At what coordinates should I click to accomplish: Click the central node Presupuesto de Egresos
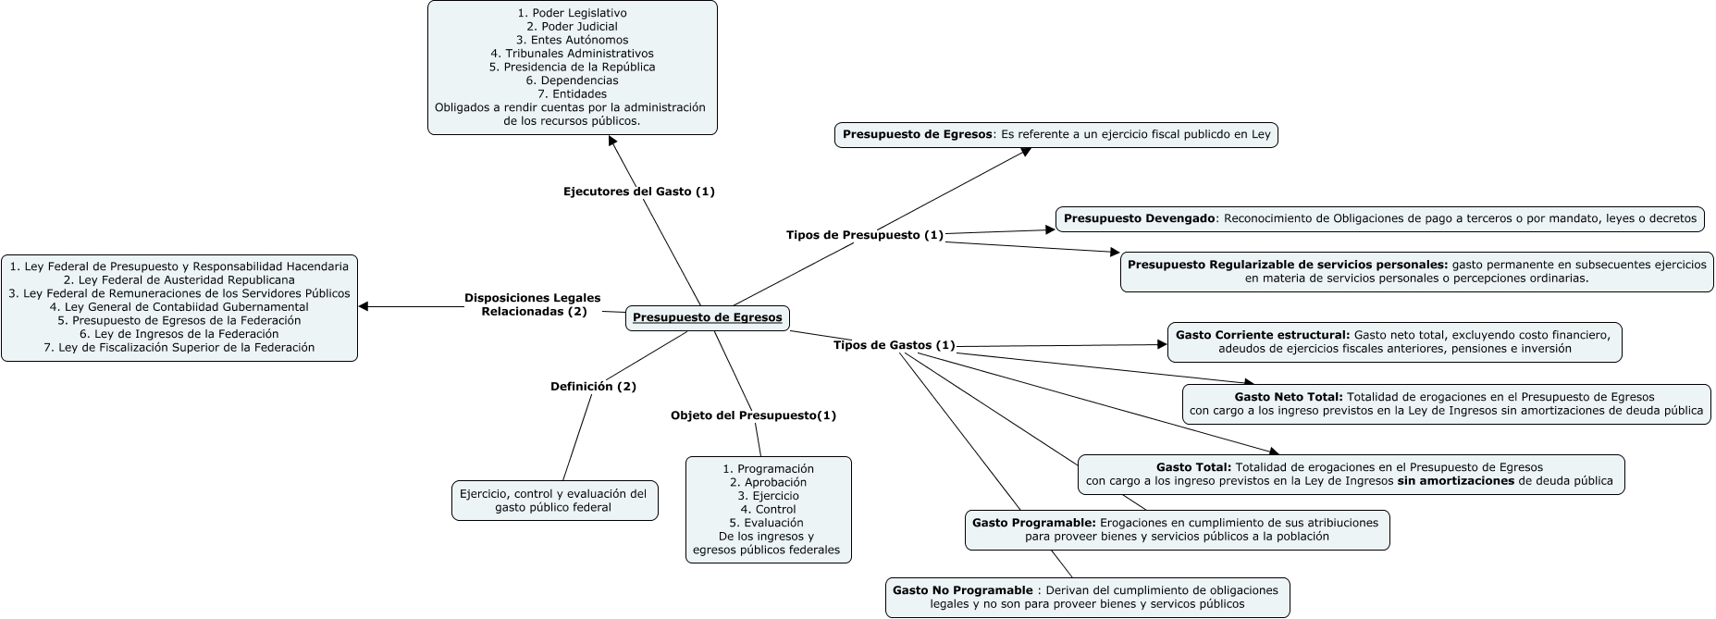coord(708,317)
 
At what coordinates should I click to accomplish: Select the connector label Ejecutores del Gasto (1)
coord(638,192)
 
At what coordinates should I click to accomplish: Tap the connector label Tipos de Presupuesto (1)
coord(864,235)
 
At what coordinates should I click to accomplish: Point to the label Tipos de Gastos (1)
coord(894,345)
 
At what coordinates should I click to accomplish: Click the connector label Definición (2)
coord(593,386)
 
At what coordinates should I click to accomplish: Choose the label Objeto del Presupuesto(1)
coord(753,415)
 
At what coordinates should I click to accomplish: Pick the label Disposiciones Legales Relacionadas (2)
coord(533,304)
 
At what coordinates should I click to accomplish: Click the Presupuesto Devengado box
coord(1379,219)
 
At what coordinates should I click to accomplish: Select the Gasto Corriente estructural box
coord(1394,341)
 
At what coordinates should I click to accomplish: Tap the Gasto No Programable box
coord(1087,598)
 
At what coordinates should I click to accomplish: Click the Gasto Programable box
coord(1177,529)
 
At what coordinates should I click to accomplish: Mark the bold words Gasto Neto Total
coord(1288,397)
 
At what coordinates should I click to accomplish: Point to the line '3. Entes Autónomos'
coord(572,40)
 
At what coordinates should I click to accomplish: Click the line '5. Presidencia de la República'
coord(572,67)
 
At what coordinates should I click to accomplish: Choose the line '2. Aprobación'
coord(768,482)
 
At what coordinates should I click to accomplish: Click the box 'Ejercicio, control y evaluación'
coord(553,501)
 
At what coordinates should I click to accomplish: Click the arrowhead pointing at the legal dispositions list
coord(364,306)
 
